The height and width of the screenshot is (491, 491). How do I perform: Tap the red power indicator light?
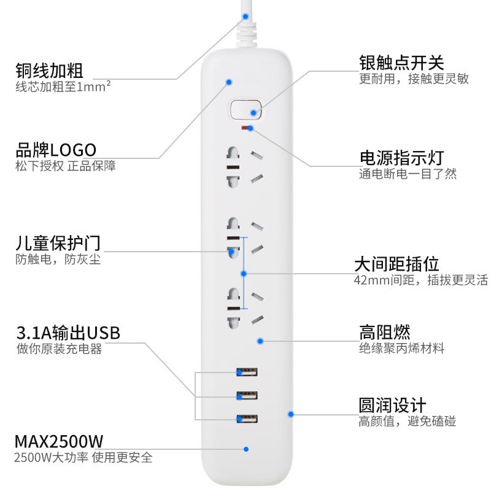coord(246,128)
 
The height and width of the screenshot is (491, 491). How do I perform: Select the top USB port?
coord(246,371)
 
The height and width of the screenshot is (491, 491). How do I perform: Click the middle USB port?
coord(246,395)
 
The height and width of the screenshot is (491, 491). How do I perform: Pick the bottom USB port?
coord(246,419)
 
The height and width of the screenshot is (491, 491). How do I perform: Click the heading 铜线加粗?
coord(49,70)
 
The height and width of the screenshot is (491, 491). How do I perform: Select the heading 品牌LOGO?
coord(56,150)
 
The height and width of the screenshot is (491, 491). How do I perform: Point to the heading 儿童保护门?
coord(58,243)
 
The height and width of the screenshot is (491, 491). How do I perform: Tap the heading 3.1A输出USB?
coord(68,333)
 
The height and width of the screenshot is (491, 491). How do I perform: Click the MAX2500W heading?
coord(59,441)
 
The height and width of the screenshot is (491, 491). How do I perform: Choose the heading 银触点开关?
coord(401,63)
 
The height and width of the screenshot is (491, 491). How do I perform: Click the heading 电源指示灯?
coord(401,158)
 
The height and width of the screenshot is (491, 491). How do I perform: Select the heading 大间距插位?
coord(396,265)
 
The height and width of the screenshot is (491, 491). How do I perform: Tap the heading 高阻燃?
coord(385,333)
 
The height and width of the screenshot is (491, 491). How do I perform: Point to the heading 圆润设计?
coord(393,406)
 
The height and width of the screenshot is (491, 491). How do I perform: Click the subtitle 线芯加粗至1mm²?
coord(63,87)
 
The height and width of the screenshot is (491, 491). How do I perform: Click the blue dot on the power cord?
coord(245,17)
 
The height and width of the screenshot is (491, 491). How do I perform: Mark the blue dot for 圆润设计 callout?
coord(291,414)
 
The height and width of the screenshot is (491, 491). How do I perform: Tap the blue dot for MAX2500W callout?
coord(245,449)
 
